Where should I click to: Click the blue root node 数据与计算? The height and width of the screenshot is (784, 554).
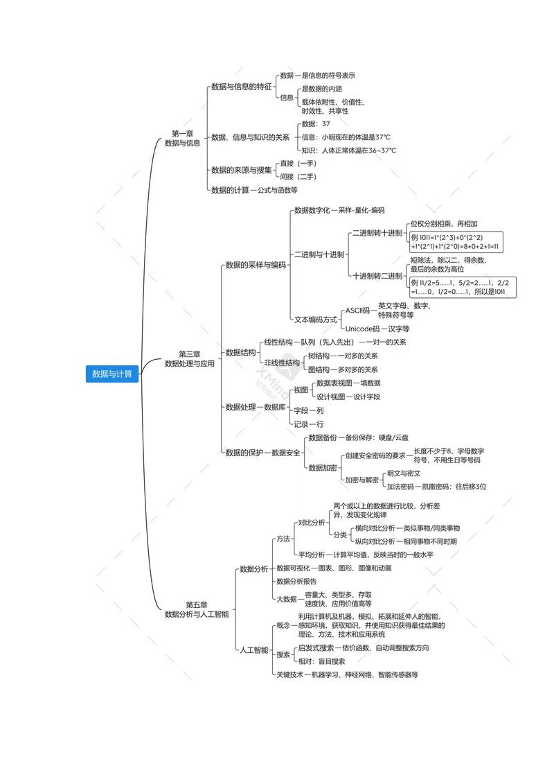click(113, 374)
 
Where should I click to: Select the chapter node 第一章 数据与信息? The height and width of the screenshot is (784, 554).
click(182, 138)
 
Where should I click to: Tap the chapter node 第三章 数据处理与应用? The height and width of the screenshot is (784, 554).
click(189, 358)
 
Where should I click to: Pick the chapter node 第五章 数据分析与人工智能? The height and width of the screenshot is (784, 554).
click(196, 609)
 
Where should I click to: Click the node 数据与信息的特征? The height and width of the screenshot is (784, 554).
click(241, 87)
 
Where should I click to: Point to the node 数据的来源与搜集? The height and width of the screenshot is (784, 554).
click(241, 170)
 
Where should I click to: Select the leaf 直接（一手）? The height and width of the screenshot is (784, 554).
click(298, 164)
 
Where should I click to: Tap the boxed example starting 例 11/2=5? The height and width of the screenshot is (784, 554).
click(459, 288)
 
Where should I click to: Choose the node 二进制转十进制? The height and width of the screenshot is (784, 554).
click(377, 233)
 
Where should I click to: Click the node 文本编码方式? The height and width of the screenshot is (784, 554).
click(315, 320)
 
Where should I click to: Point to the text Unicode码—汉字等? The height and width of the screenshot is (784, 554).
click(377, 329)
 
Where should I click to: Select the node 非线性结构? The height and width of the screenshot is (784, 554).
click(282, 363)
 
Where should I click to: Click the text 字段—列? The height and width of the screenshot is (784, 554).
click(308, 410)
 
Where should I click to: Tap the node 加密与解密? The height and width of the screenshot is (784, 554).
click(362, 480)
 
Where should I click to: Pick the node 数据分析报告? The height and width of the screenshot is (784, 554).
click(296, 581)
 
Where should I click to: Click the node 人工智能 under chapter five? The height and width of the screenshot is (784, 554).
click(253, 650)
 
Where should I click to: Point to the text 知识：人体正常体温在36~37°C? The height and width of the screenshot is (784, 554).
click(348, 150)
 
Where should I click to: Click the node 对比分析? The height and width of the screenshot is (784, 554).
click(310, 522)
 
